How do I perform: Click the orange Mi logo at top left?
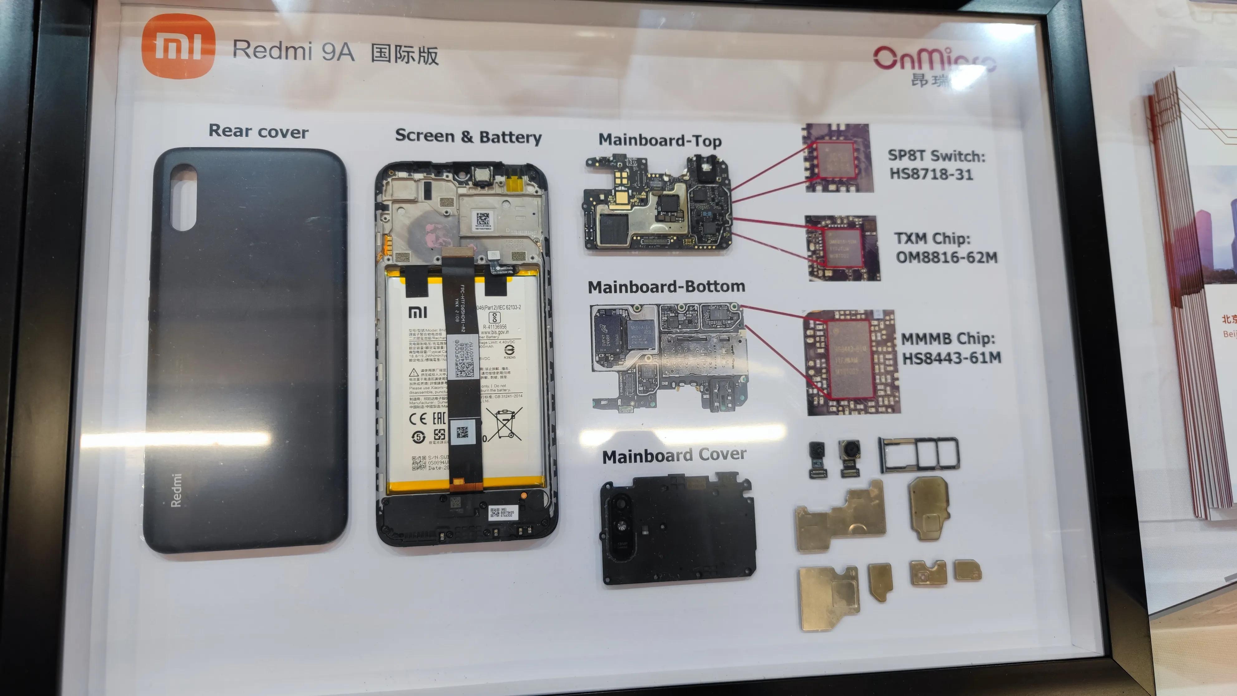178,46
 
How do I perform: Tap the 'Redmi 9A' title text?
293,51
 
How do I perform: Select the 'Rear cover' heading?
258,132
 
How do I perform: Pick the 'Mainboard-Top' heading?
660,140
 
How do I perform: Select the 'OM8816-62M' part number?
946,258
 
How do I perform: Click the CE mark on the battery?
418,419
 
